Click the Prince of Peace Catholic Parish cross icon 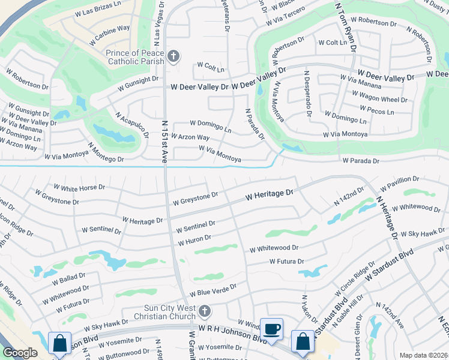click(x=173, y=57)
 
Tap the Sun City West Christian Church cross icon click(x=205, y=311)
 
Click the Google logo click(x=20, y=353)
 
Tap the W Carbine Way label click(x=112, y=28)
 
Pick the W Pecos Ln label click(x=377, y=111)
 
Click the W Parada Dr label click(x=361, y=161)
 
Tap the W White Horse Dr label click(x=79, y=188)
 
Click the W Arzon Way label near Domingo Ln click(x=190, y=137)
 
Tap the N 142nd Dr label click(x=350, y=197)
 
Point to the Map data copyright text click(x=423, y=355)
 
